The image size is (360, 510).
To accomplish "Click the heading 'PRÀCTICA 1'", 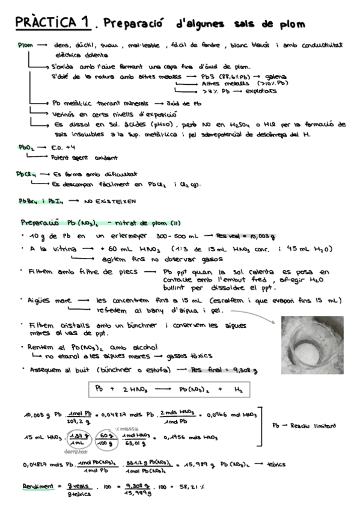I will pyautogui.click(x=53, y=23).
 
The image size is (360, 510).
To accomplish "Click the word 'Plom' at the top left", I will pyautogui.click(x=25, y=45).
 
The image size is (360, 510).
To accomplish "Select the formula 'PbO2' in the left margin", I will pyautogui.click(x=25, y=146).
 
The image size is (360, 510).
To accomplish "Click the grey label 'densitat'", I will pyautogui.click(x=75, y=450).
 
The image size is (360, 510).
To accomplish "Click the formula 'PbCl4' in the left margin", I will pyautogui.click(x=26, y=174).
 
